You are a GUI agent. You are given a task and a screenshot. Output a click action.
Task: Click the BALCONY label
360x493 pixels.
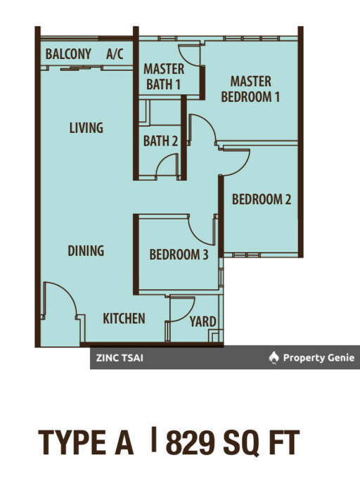[x=68, y=53]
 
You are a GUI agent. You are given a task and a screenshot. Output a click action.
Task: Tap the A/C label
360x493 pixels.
[x=114, y=53]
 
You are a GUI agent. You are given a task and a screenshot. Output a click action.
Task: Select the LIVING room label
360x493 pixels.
[x=86, y=128]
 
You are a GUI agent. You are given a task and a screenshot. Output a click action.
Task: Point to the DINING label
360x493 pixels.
[x=86, y=250]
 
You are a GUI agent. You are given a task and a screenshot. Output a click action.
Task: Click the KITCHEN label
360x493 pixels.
[x=124, y=319]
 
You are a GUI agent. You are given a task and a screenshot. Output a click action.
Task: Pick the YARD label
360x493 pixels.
[x=203, y=322]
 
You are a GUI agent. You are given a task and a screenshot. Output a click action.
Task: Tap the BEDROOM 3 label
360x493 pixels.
[x=179, y=255]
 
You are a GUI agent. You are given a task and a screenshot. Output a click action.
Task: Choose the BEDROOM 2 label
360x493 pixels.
[x=262, y=200]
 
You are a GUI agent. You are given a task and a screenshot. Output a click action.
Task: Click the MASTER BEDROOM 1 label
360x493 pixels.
[x=251, y=89]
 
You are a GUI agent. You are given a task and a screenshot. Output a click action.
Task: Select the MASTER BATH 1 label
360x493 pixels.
[x=164, y=77]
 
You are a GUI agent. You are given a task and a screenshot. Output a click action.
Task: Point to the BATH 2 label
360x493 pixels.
[x=160, y=141]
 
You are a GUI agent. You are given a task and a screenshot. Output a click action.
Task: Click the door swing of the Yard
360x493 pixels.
[x=182, y=308]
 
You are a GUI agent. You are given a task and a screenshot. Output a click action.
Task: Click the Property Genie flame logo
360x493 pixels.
[x=274, y=358]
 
